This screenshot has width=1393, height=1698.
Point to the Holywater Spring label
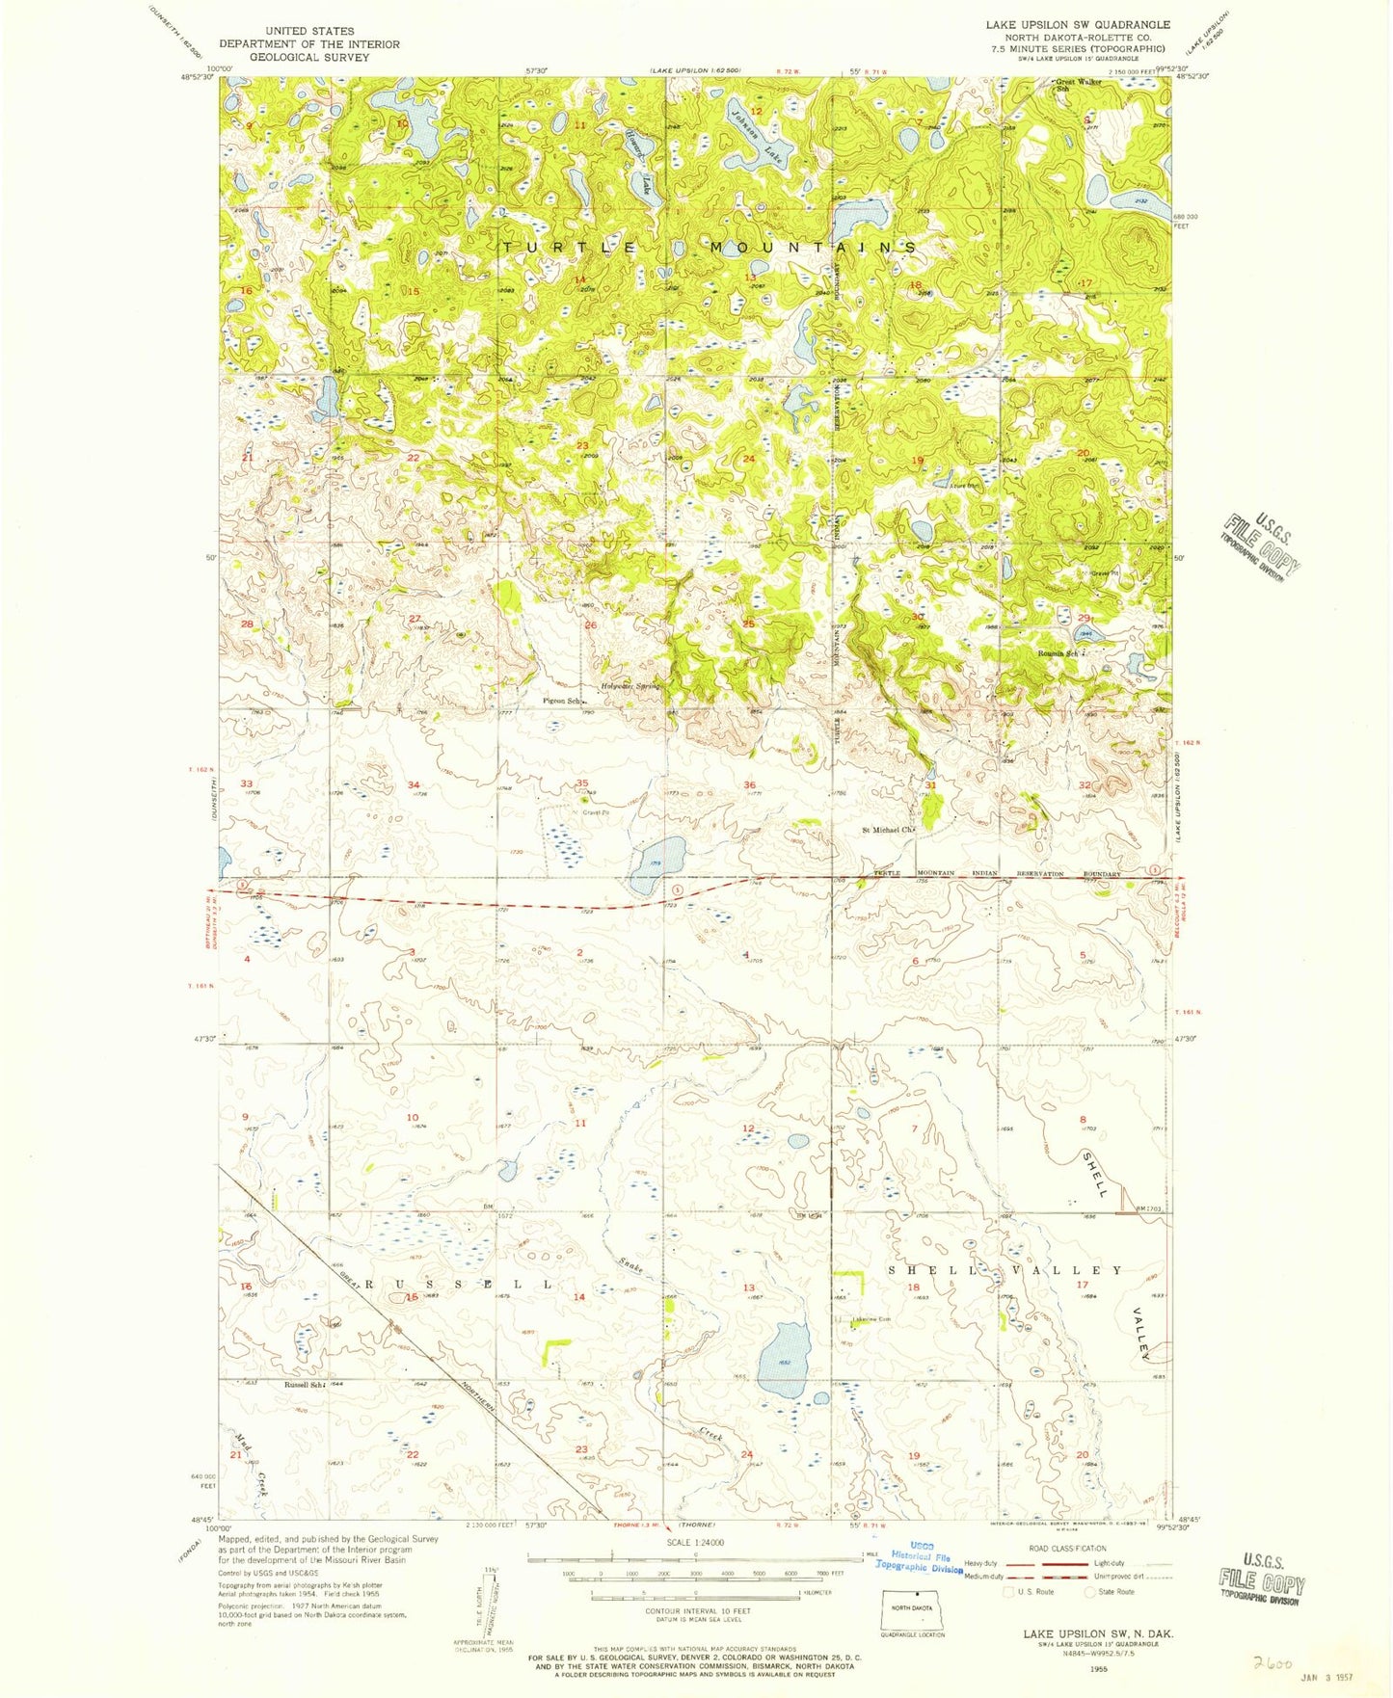click(631, 686)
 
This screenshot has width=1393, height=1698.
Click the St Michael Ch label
click(887, 829)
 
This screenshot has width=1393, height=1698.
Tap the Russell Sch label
click(302, 1384)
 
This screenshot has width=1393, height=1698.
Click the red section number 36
click(749, 784)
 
